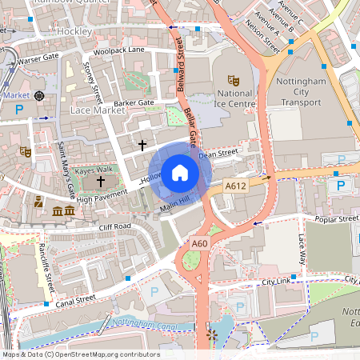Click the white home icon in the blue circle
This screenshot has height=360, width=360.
pos(180,173)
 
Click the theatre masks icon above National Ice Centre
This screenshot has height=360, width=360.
pos(233,81)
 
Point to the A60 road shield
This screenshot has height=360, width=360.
pos(200,243)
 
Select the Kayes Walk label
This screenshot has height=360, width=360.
pos(94,170)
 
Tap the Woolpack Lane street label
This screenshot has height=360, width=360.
pos(119,50)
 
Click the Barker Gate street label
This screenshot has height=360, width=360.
pos(134,103)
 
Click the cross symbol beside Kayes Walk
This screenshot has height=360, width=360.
pos(100,182)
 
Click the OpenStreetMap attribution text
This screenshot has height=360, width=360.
pos(80,354)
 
